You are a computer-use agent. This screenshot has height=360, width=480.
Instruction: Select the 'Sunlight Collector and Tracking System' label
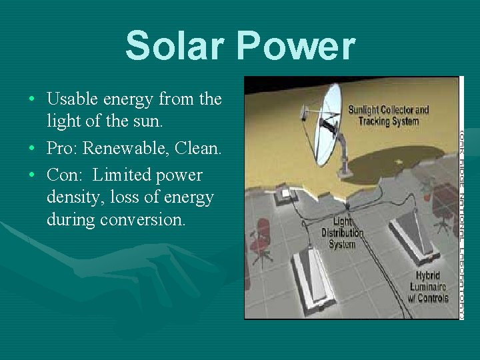point(388,115)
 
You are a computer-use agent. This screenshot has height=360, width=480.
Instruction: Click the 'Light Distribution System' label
point(342,233)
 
